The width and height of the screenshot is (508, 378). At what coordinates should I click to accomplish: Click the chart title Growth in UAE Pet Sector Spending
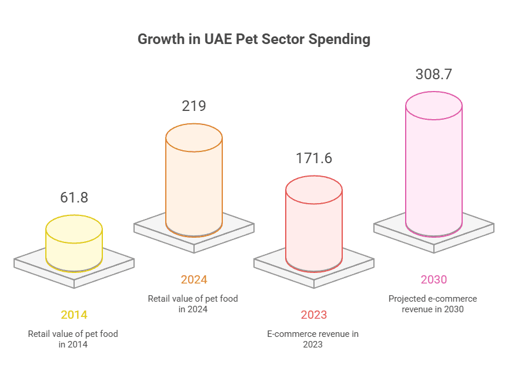[254, 39]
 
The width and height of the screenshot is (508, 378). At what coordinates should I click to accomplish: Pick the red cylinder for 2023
[314, 229]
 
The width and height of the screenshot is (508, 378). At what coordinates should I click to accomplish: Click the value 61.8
[74, 198]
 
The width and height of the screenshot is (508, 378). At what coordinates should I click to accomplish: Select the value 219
[194, 106]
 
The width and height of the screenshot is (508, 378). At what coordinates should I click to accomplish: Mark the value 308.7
[434, 75]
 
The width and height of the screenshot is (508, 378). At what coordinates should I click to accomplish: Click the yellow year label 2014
[74, 315]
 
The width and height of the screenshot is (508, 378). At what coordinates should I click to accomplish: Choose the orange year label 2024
[194, 279]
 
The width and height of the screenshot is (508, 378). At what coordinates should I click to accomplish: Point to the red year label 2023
[314, 315]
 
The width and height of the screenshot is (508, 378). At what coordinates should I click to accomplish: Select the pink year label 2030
[434, 279]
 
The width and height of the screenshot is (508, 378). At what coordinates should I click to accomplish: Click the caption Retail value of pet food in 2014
[73, 339]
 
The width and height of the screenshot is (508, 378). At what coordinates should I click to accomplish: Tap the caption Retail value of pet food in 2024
[193, 304]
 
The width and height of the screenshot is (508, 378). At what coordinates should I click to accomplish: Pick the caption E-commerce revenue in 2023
[313, 339]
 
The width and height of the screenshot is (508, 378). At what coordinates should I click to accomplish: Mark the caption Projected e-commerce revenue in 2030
[433, 304]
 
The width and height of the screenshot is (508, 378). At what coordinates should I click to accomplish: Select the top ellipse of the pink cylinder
[434, 106]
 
